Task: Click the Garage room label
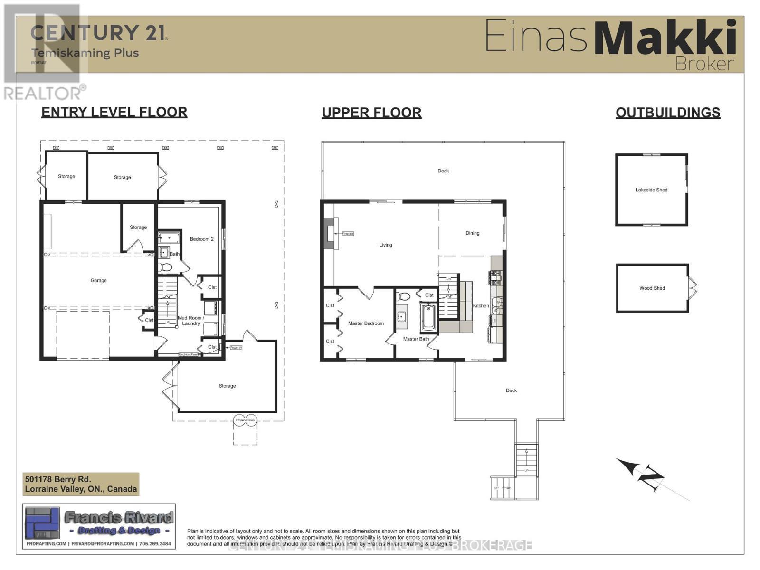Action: [x=98, y=281]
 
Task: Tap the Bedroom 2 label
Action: [x=201, y=239]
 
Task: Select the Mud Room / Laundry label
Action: [x=190, y=321]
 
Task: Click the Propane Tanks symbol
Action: [x=245, y=420]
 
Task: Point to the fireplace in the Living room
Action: [x=329, y=233]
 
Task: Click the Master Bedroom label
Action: [x=366, y=323]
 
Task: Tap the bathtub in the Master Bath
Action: [x=428, y=317]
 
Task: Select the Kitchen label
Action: [x=481, y=306]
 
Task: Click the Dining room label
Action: [x=472, y=233]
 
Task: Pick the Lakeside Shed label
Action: [x=651, y=190]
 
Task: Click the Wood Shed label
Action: [x=652, y=288]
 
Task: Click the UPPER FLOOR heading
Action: [x=371, y=113]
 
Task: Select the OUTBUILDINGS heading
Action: [x=667, y=113]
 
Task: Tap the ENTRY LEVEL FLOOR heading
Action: [x=114, y=112]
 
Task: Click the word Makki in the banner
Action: [x=665, y=38]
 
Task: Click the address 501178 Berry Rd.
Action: [x=58, y=479]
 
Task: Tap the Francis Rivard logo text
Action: [x=119, y=517]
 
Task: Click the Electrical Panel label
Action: [x=188, y=354]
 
